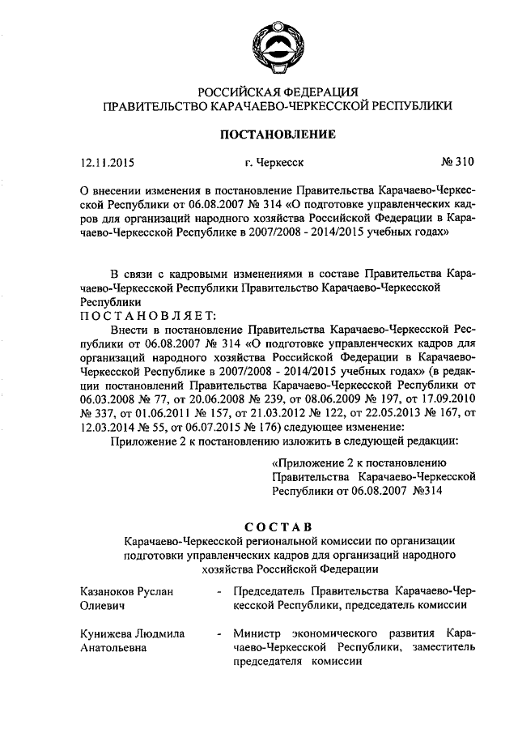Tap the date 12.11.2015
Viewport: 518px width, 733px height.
tap(106, 162)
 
